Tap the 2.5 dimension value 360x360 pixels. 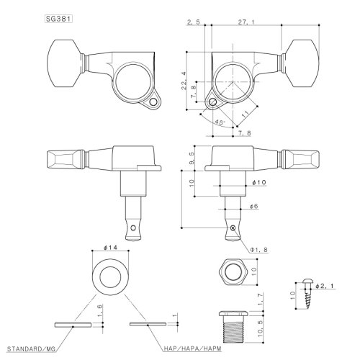pyautogui.click(x=193, y=22)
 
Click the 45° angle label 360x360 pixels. pyautogui.click(x=201, y=122)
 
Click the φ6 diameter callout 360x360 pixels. pyautogui.click(x=252, y=207)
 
